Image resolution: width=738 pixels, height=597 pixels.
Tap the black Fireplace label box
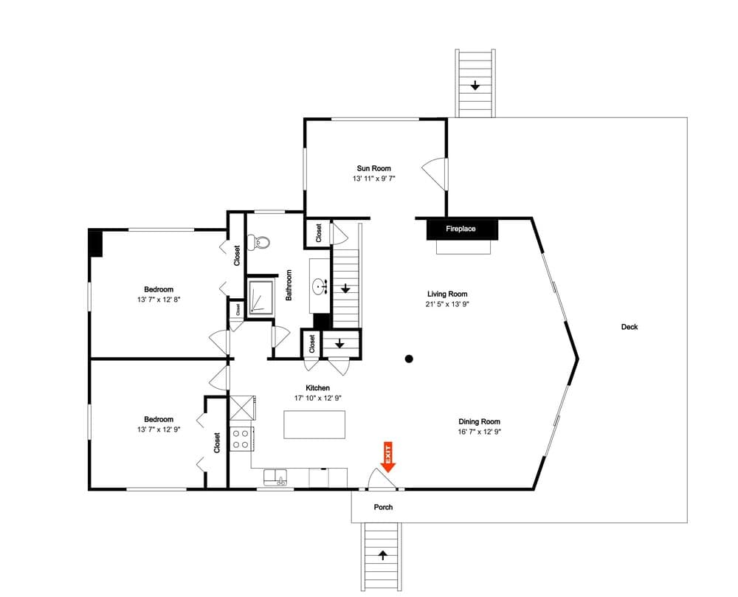[461, 229]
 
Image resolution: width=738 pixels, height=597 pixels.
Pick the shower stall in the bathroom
[259, 297]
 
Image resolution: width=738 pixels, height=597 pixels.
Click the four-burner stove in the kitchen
[241, 439]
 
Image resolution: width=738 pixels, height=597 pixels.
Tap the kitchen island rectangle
[315, 424]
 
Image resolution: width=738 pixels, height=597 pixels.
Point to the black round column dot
[409, 359]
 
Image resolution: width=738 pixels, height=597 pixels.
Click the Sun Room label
[374, 168]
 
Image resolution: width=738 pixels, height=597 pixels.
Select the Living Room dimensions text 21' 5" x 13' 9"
[447, 304]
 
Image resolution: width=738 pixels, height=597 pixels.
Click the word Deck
[629, 327]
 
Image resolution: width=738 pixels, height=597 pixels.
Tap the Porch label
[383, 507]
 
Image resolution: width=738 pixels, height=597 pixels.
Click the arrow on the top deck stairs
[475, 86]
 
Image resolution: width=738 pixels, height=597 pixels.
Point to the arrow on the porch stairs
[383, 554]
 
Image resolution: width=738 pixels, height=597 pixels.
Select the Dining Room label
[480, 421]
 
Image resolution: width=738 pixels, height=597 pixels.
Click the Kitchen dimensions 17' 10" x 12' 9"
[317, 398]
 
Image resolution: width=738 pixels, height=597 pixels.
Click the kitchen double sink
[275, 477]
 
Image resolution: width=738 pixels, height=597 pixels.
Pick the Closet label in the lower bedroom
[216, 443]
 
